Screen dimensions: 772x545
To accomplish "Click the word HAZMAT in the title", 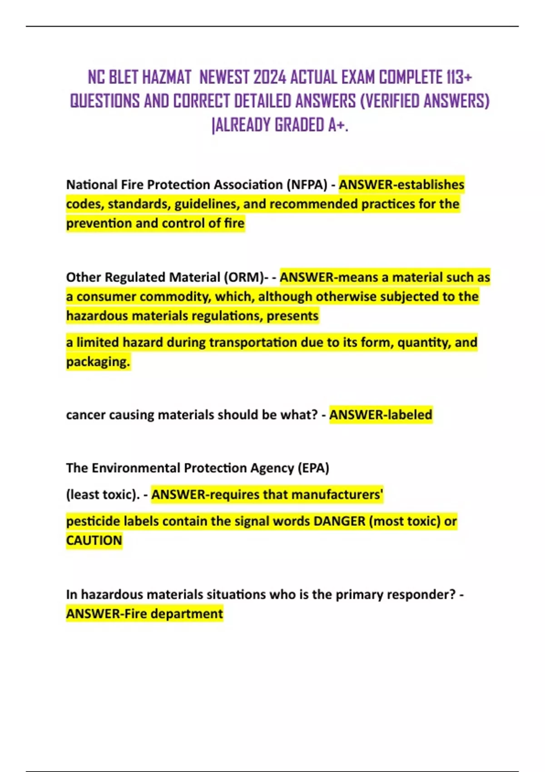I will point(166,78).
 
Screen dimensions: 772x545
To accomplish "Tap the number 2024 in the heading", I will point(270,78).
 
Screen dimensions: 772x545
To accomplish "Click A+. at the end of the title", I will point(338,125).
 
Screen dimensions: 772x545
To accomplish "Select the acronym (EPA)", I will point(313,468).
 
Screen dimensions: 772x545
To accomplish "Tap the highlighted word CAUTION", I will point(94,540).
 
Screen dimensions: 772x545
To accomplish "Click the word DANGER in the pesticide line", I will point(339,521).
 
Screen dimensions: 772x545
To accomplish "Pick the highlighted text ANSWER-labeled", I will point(381,415).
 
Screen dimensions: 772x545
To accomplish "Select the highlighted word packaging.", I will point(98,362).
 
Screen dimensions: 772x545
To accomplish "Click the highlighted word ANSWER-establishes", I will point(401,185).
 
